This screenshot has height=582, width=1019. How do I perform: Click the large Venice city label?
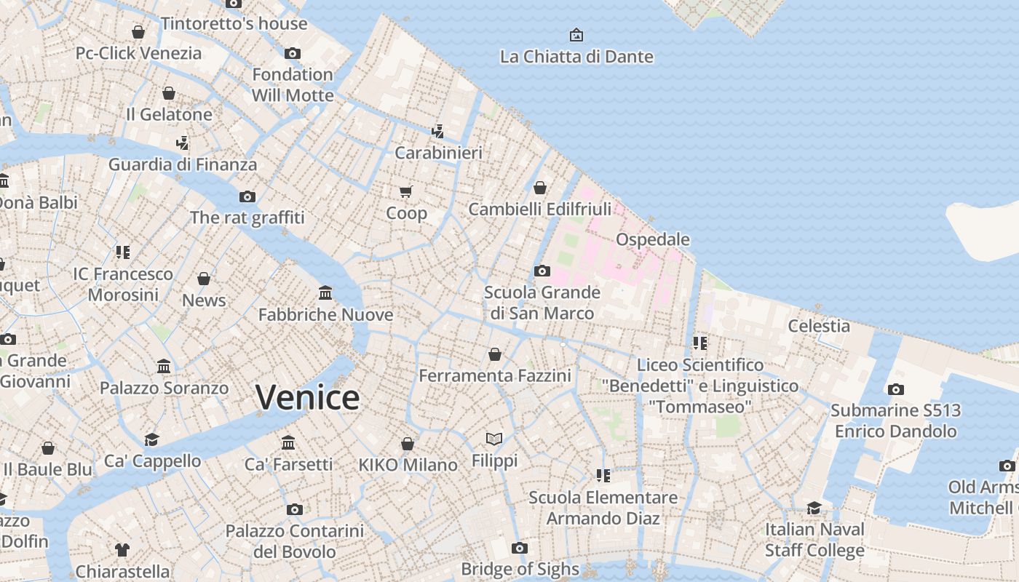(307, 398)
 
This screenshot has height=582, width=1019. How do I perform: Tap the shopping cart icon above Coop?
(406, 191)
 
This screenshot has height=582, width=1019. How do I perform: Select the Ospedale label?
(652, 239)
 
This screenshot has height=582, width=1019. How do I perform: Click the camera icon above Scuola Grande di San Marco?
(542, 271)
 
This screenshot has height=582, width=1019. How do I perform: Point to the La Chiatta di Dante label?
(576, 57)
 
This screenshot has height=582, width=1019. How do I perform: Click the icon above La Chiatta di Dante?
(576, 35)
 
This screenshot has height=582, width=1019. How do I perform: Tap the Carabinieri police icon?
(437, 132)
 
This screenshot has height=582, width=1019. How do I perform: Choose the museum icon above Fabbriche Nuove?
(325, 293)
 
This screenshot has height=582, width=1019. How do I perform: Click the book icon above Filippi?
(494, 439)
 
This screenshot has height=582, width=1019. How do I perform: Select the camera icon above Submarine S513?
(896, 389)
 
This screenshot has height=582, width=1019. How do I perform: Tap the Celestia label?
(819, 326)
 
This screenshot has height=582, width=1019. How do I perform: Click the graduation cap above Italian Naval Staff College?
(814, 508)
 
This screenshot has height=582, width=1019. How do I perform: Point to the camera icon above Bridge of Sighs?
(519, 548)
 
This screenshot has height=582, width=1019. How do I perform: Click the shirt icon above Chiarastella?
(122, 550)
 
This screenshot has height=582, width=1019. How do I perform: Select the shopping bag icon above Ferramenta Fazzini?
(495, 354)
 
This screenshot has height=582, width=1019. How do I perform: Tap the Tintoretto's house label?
(234, 23)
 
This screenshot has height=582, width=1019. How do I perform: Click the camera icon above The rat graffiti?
(247, 196)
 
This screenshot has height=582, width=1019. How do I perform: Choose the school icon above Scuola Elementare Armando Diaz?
(603, 476)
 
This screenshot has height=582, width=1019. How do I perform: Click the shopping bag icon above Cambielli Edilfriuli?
(540, 188)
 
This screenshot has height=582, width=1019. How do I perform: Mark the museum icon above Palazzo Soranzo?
(164, 367)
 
